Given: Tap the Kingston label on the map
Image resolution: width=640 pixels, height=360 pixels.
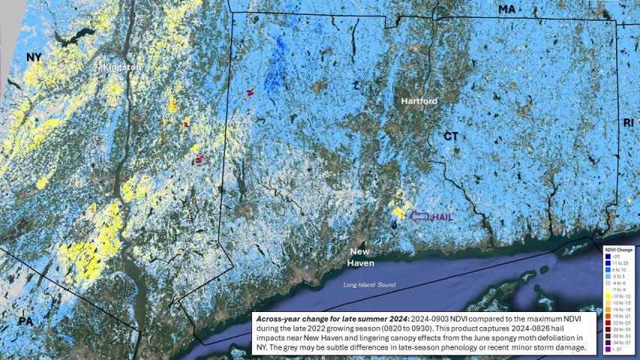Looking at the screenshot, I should click(x=122, y=67).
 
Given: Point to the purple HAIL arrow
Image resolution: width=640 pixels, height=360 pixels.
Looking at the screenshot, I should click(x=422, y=216).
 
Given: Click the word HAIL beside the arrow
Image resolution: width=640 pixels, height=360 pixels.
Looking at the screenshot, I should click(x=443, y=217).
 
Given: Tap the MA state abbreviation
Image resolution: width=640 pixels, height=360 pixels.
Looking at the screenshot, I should click(x=507, y=9).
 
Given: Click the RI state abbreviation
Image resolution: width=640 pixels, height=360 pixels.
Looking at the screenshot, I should click(x=628, y=121).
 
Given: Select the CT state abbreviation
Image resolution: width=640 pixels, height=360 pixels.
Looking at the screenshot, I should click(x=450, y=136).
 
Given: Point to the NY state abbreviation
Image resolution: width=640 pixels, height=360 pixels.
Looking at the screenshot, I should click(x=34, y=57).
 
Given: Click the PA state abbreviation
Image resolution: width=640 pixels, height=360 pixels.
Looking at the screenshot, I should click(x=26, y=321).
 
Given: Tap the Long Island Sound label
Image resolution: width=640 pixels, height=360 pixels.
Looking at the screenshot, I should click(x=369, y=286).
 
